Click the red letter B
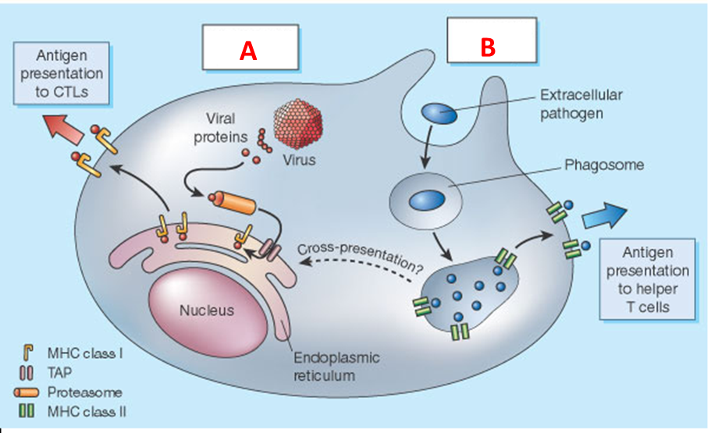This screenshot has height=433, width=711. (488, 48)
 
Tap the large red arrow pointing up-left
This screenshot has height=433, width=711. (65, 127)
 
